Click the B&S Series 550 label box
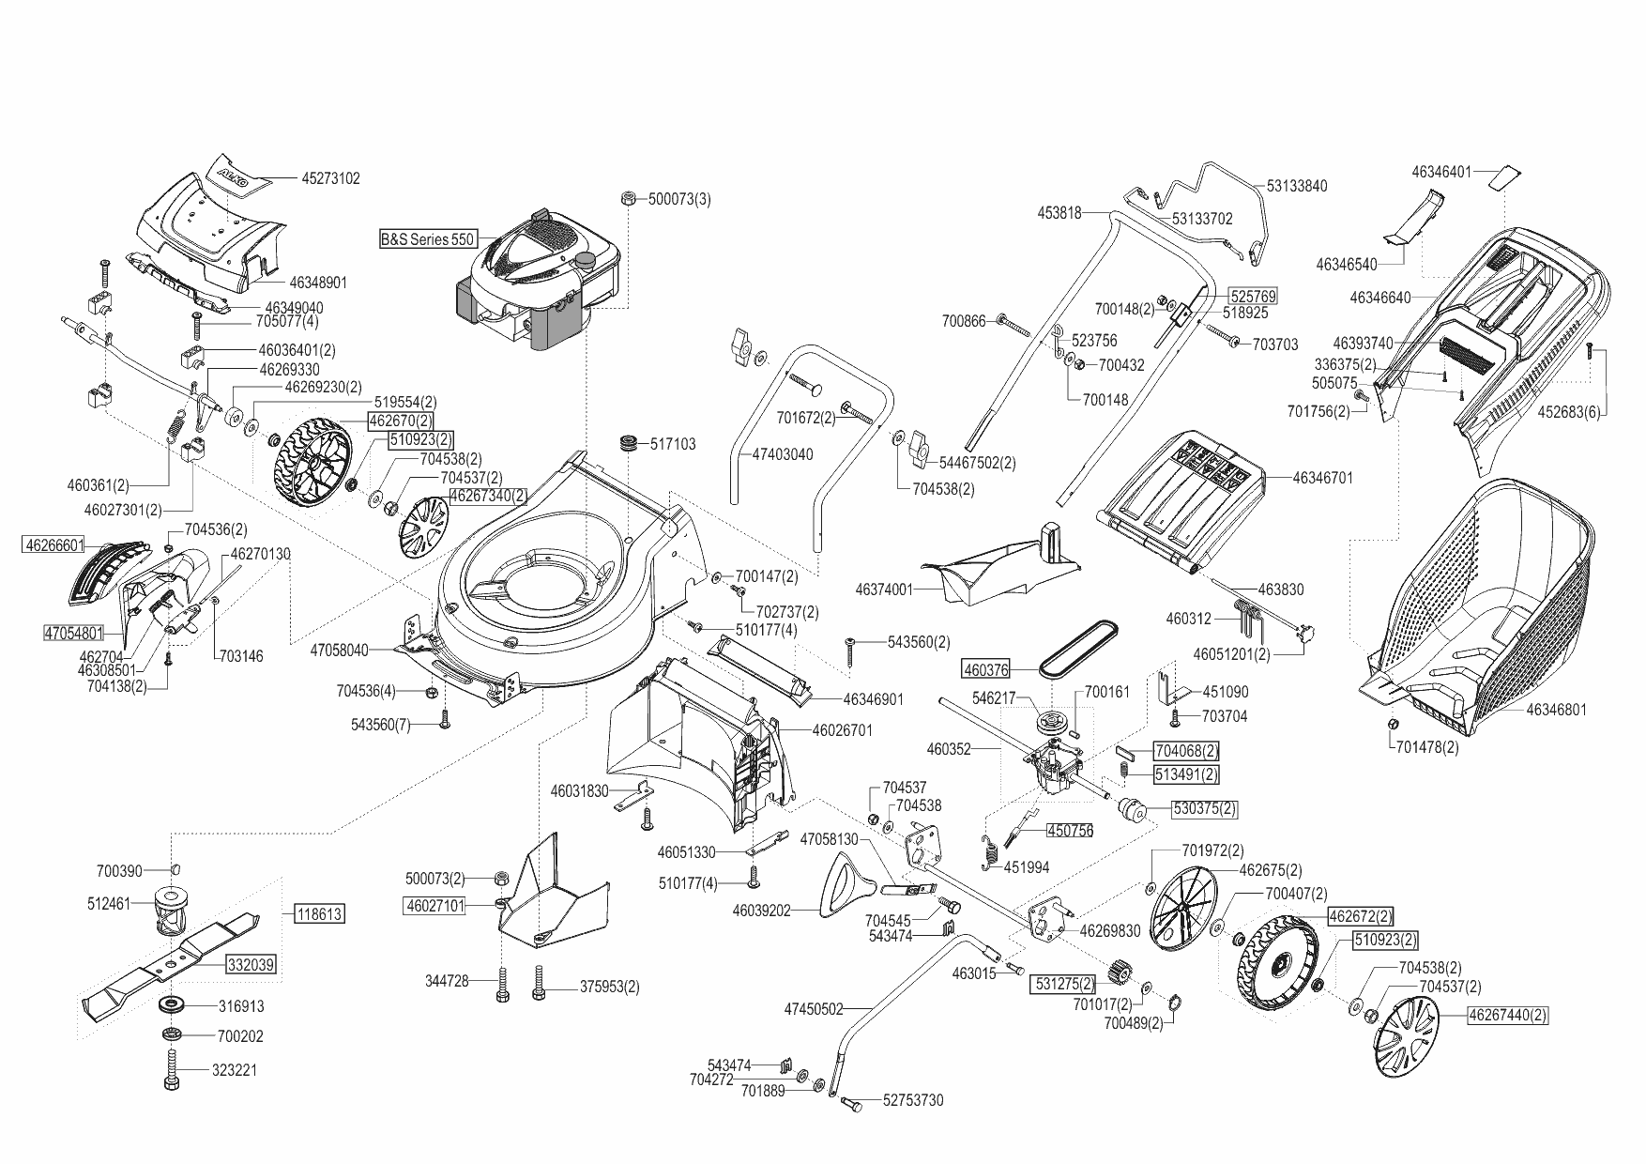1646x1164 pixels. [427, 239]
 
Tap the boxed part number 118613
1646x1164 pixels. [319, 913]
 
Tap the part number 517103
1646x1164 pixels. [673, 444]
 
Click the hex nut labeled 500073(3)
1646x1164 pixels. [629, 199]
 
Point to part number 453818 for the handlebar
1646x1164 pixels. [1059, 213]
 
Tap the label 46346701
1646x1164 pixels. [1322, 478]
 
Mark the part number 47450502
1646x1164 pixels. [813, 1009]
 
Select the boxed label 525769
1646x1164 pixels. [1253, 296]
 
